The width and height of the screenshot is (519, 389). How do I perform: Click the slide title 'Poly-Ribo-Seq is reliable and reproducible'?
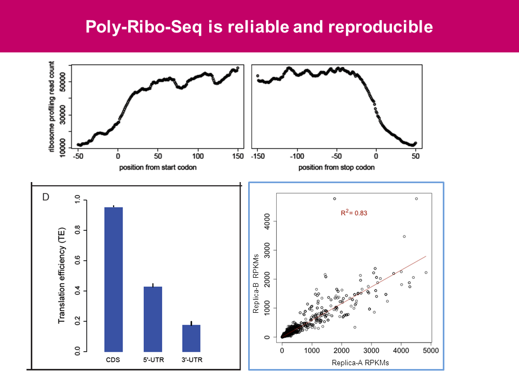click(259, 27)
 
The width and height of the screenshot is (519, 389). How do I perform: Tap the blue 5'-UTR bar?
click(152, 319)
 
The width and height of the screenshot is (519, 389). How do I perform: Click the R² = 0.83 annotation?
click(354, 213)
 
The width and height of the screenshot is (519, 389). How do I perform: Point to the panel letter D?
click(46, 197)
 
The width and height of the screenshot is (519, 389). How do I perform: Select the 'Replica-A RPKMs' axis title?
click(361, 363)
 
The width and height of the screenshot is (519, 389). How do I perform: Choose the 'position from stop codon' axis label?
click(336, 167)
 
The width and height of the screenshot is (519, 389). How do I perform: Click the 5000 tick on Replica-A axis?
click(430, 351)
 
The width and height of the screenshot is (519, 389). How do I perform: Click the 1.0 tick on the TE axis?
click(77, 200)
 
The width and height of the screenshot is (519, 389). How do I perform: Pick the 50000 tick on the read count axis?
click(63, 82)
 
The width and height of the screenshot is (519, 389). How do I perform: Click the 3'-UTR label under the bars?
click(191, 359)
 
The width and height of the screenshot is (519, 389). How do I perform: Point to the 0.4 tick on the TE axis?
click(77, 292)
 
